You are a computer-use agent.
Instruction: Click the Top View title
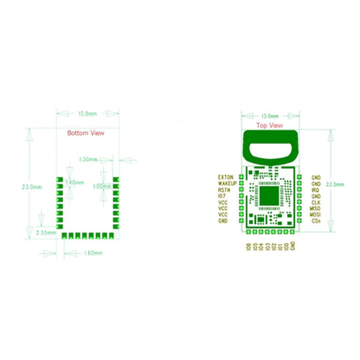(269, 125)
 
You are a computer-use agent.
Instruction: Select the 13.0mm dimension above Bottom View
(87, 114)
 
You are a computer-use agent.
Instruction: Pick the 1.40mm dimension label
(74, 183)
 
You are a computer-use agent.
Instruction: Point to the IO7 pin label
(224, 197)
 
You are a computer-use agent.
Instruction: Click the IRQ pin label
(316, 190)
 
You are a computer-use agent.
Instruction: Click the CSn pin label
(316, 222)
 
